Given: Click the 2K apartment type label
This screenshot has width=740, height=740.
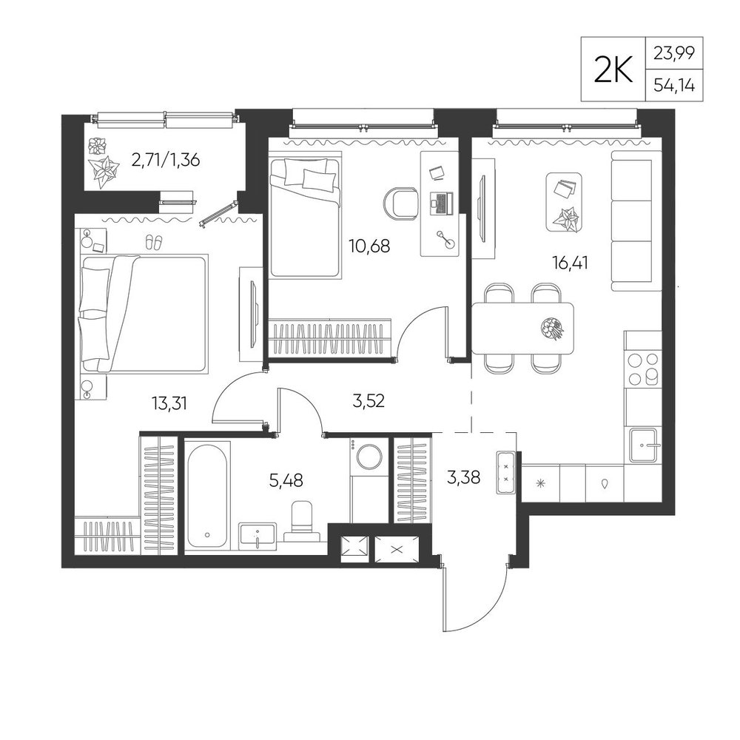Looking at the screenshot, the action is tap(613, 70).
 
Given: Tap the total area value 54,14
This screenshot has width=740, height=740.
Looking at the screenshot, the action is tap(674, 86).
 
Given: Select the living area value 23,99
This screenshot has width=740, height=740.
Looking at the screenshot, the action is tap(674, 53).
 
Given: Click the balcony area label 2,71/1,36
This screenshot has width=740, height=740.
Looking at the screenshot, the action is tap(166, 161).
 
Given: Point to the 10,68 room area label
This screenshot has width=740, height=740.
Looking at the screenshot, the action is tap(369, 246).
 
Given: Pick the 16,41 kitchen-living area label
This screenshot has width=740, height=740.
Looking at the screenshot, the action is tap(570, 263).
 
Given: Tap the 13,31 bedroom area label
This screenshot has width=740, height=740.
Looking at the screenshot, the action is tap(170, 403).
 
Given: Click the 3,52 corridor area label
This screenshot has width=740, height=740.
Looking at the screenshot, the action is tap(369, 401).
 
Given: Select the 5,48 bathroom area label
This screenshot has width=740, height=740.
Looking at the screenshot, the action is tap(286, 480).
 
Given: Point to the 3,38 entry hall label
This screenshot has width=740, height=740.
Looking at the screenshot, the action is tap(463, 477).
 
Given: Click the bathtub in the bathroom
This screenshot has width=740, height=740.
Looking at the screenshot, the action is tap(208, 496).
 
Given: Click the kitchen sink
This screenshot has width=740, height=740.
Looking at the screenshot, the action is tap(643, 445).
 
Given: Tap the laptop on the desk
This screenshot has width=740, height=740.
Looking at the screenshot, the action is tap(441, 203).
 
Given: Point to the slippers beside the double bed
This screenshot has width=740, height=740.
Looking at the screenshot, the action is tap(153, 242).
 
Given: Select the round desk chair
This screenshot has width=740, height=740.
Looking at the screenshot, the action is tap(400, 204).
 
